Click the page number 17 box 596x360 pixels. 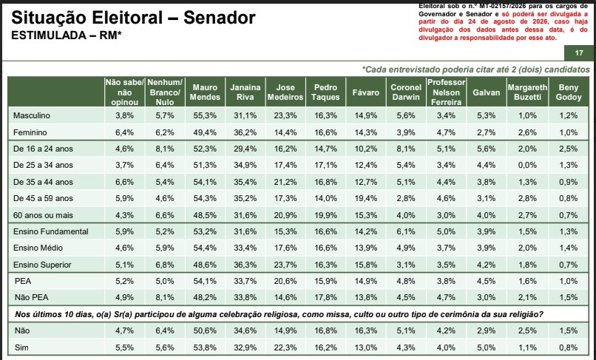point(579,52)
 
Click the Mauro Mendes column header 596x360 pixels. point(205,92)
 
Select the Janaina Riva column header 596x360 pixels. point(245,92)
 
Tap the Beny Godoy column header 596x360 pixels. point(569,92)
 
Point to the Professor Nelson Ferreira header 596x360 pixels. point(446,92)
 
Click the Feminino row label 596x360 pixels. point(30,132)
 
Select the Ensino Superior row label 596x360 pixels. point(42,265)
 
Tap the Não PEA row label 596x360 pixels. point(32,297)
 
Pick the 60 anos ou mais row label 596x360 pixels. point(43,215)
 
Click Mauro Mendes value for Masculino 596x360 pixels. point(205,115)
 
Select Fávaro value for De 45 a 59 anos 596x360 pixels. point(365,198)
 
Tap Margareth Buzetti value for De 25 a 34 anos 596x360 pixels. point(527,166)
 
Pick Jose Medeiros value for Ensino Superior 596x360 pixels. point(285,265)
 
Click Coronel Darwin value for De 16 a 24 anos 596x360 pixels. point(406,149)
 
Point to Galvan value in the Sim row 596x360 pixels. point(486,347)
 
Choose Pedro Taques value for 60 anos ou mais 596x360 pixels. point(326,215)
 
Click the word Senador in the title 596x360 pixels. point(220,18)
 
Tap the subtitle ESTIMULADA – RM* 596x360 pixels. point(67,35)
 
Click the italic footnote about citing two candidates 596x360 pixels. point(476,69)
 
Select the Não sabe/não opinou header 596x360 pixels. point(125,92)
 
